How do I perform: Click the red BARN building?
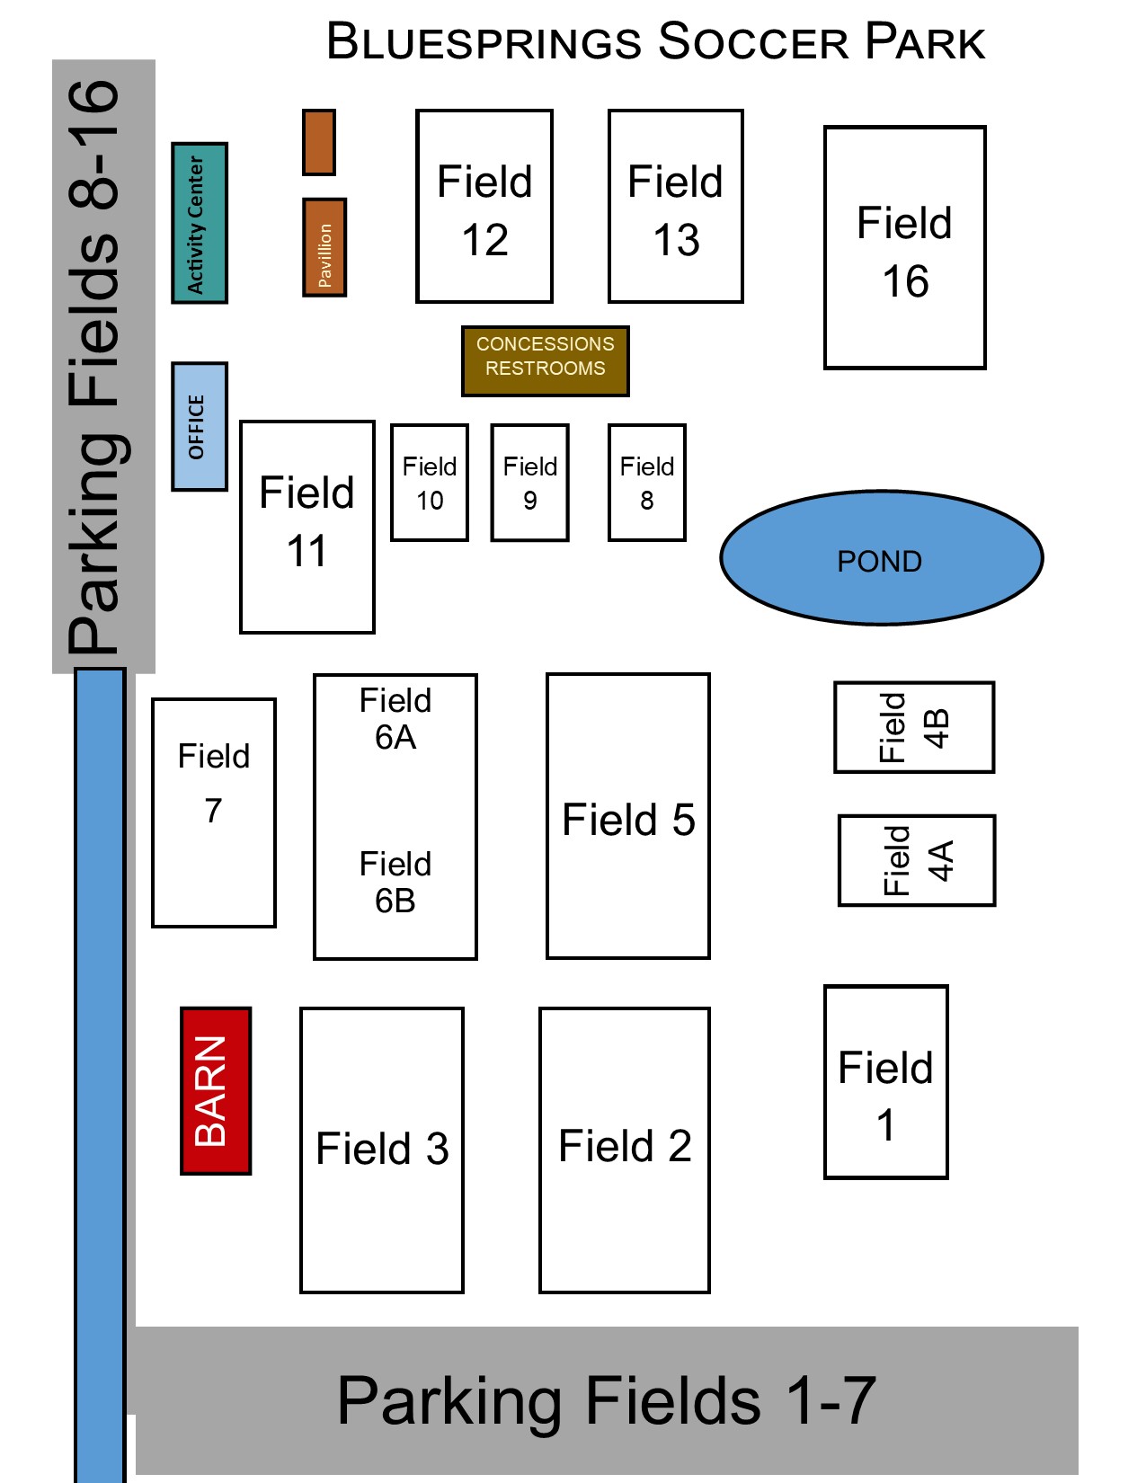[216, 1090]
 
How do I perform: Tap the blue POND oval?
[881, 558]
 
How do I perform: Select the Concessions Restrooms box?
[545, 360]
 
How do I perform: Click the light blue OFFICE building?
[199, 427]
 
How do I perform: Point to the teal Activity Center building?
[199, 223]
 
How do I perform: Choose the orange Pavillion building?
[324, 247]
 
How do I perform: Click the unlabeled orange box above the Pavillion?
[319, 142]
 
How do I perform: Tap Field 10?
[430, 483]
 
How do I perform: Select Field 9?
[530, 483]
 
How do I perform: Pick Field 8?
[647, 483]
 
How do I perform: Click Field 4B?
[914, 727]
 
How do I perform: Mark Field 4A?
[917, 860]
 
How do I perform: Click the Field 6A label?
[395, 718]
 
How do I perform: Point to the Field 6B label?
[395, 882]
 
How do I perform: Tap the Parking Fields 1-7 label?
[607, 1400]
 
